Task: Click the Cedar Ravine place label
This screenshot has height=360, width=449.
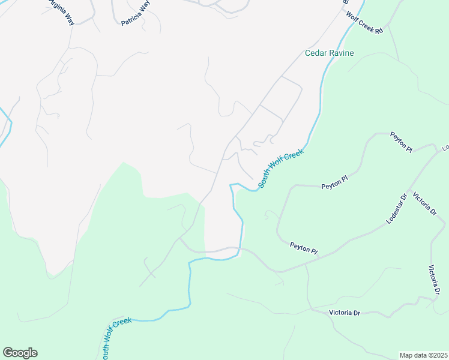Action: click(x=330, y=53)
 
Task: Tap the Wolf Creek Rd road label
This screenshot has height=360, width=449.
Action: click(x=364, y=22)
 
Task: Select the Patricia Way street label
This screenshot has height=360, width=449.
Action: click(x=136, y=13)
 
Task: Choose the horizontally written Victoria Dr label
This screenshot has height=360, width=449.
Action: click(x=345, y=313)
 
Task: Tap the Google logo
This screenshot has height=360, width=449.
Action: click(x=20, y=353)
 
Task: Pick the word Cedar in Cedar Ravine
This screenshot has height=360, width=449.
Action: click(x=316, y=53)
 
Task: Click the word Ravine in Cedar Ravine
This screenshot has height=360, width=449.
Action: click(x=341, y=53)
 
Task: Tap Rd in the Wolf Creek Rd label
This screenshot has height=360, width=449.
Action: click(x=378, y=31)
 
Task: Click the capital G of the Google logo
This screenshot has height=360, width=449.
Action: click(x=8, y=353)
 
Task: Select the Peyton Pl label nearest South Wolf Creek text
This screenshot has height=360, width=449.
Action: click(x=334, y=178)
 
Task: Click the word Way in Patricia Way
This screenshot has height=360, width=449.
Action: click(x=144, y=6)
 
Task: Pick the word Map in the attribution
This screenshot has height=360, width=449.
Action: click(x=406, y=355)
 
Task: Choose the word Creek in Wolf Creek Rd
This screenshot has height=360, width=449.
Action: click(x=365, y=22)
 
